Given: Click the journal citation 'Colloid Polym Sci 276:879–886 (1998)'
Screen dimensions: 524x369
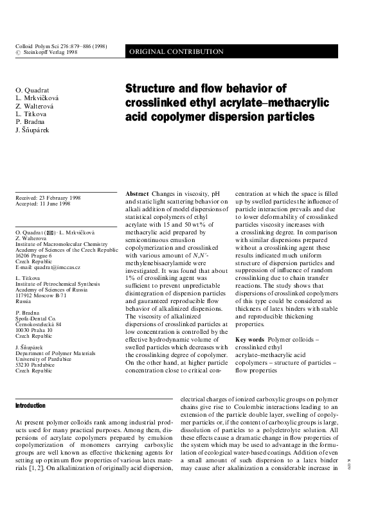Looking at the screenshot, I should [x=60, y=46].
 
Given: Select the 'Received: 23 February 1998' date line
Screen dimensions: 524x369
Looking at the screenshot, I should [x=48, y=198].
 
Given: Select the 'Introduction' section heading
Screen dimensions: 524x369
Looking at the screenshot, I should [x=30, y=406].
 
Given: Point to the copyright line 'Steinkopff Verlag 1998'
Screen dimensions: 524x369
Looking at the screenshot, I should [x=51, y=53].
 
